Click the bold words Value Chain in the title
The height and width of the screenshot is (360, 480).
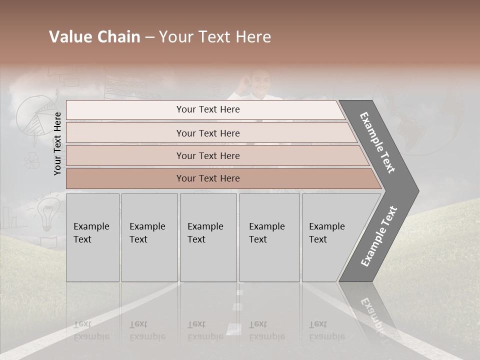click(94, 37)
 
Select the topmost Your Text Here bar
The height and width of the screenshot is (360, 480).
click(207, 109)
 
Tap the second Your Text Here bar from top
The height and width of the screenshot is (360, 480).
click(207, 133)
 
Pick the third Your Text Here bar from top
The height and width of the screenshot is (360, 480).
click(207, 155)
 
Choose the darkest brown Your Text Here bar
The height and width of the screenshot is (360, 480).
click(207, 178)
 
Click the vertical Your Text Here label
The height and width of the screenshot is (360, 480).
click(57, 143)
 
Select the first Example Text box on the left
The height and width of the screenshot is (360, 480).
click(92, 237)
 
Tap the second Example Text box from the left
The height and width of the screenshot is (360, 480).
click(149, 237)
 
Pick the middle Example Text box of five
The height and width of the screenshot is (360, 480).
click(208, 237)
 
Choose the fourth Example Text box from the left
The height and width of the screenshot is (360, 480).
click(269, 237)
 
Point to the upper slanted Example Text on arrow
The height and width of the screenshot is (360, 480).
click(377, 142)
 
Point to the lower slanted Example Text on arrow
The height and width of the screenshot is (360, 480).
click(379, 236)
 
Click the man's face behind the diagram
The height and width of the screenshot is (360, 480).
click(260, 82)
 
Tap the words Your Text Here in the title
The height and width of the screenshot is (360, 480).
click(215, 37)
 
